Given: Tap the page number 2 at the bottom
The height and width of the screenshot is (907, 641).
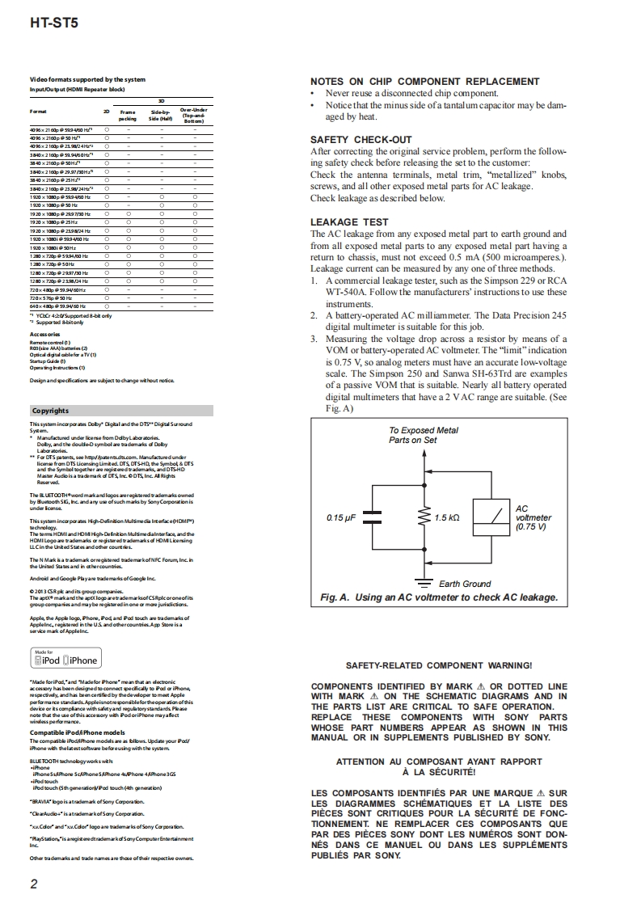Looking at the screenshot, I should (x=33, y=884).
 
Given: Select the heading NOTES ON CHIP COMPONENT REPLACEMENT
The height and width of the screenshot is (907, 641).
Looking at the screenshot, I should (x=424, y=82).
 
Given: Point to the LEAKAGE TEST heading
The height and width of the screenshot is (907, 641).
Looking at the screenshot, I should (x=349, y=222).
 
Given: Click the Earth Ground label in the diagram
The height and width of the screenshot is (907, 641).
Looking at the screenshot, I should (x=464, y=584).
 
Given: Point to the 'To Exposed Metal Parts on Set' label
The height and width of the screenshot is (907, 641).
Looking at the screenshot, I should (x=423, y=436).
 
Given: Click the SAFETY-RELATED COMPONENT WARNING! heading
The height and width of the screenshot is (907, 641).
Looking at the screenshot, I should (x=439, y=665).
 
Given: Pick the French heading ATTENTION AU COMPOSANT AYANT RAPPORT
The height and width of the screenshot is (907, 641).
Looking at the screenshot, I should (x=439, y=761).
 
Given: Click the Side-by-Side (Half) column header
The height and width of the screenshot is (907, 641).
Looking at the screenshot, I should (x=160, y=116).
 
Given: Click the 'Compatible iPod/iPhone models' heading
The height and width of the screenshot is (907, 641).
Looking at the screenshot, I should (x=77, y=732).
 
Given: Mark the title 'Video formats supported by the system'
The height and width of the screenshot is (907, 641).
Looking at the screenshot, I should (x=87, y=79).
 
